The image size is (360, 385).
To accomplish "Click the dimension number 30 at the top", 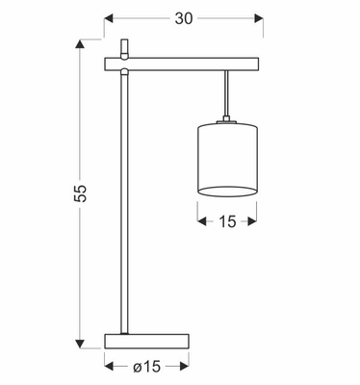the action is coord(184,18).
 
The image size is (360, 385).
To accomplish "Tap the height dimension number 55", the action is coord(81,193).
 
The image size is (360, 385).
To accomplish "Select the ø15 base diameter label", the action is coord(146,367).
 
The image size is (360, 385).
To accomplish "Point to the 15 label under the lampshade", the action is coord(227,221).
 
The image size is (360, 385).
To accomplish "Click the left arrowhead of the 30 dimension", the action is coord(109,18).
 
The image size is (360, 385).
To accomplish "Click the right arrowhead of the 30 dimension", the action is coord(259,18).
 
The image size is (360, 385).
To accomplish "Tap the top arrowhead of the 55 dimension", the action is coord(80,44).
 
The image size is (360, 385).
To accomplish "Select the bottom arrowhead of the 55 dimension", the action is coord(80,344).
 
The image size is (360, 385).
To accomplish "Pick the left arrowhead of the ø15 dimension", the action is coord(110,366).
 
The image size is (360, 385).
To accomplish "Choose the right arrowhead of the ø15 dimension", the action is coord(184,366).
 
